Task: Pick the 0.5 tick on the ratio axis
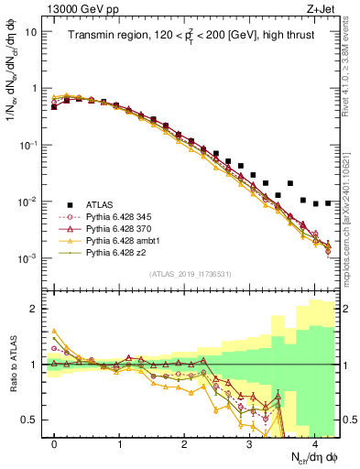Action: click(x=29, y=420)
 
